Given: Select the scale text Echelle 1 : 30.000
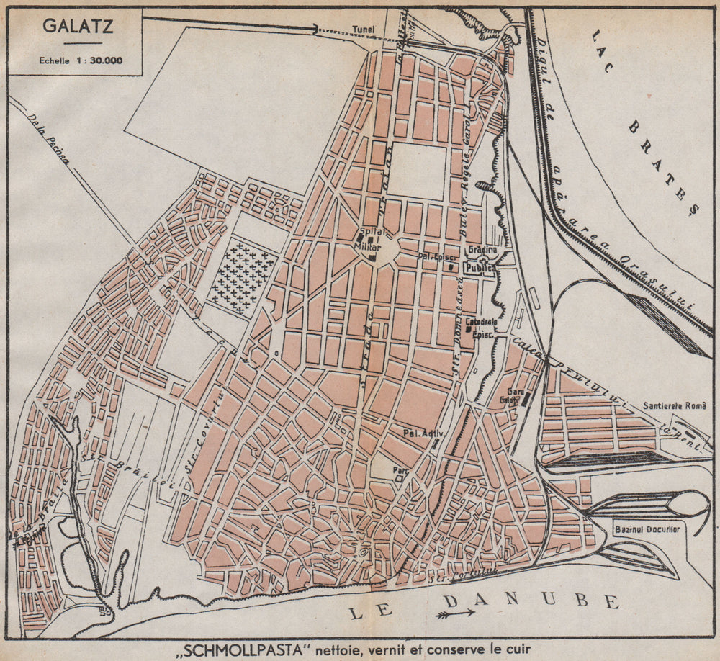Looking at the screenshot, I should click(81, 60).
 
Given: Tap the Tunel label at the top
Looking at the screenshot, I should click(364, 30).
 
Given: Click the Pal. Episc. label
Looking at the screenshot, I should click(434, 256).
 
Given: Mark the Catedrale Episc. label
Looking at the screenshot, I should click(479, 325).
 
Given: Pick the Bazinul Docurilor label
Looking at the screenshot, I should click(647, 529).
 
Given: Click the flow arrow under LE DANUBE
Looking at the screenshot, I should click(455, 614).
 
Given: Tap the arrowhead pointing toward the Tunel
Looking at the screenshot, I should click(314, 29).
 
